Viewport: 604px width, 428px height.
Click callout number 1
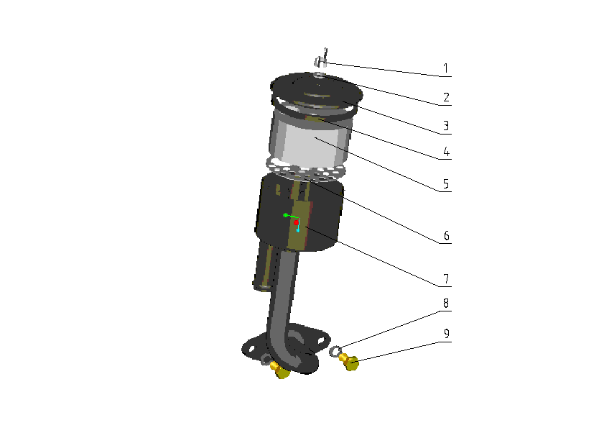pos(446,68)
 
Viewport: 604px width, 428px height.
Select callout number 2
pos(446,97)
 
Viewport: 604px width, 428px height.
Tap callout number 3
pos(446,126)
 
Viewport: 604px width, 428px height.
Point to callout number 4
pos(446,151)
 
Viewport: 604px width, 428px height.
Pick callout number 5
pos(446,183)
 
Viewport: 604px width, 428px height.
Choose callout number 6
pos(447,235)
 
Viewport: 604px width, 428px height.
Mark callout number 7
pos(446,278)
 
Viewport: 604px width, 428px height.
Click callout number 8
pos(446,304)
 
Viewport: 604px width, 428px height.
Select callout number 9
pos(447,334)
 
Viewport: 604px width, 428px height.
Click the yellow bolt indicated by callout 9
pos(349,362)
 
